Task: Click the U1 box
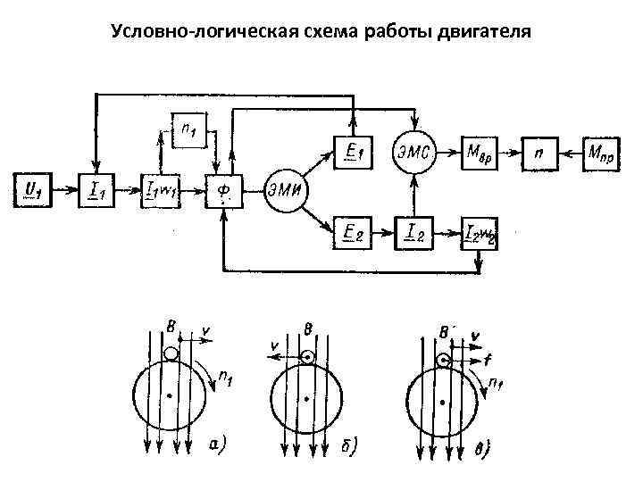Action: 33,188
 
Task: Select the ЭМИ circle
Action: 283,189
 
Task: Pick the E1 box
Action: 354,153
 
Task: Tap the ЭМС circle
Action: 413,153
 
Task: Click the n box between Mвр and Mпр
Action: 539,153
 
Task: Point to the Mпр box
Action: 602,153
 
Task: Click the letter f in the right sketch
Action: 486,361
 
